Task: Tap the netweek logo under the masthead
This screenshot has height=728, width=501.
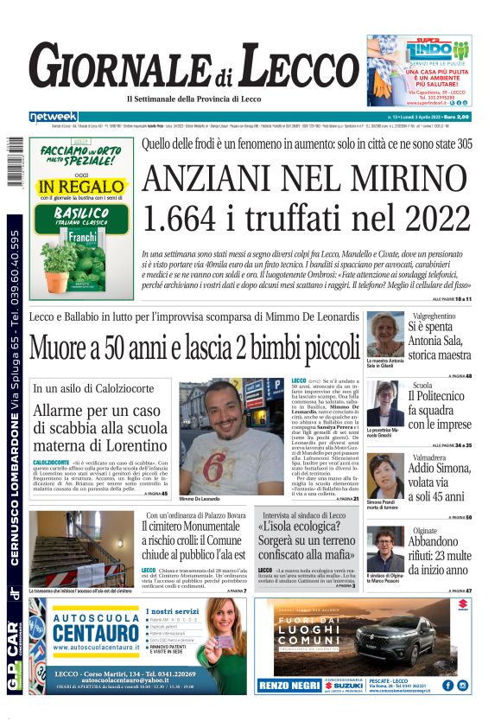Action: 53,117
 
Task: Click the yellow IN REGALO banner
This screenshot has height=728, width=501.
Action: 69,186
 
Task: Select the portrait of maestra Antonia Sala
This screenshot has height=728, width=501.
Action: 384,335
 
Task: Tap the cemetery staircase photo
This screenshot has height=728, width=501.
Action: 81,548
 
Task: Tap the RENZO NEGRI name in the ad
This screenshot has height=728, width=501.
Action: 287,686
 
